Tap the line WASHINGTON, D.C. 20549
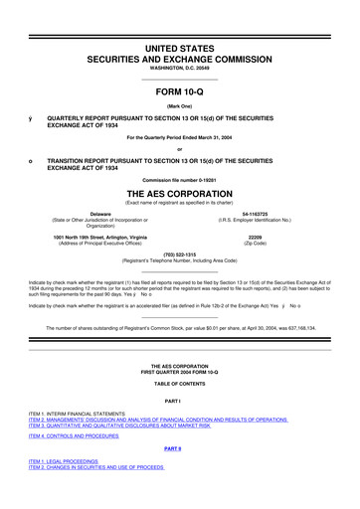179,70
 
